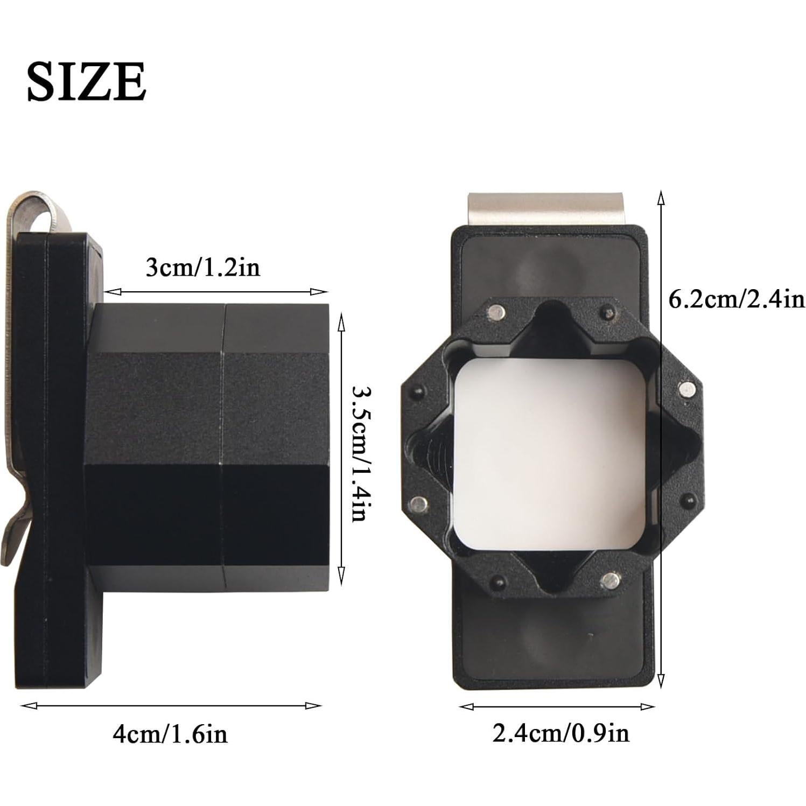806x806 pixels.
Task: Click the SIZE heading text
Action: point(87,81)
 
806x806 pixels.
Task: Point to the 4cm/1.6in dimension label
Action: point(170,734)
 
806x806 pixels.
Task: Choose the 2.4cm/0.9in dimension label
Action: point(560,733)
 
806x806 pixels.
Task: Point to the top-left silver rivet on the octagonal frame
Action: point(496,311)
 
